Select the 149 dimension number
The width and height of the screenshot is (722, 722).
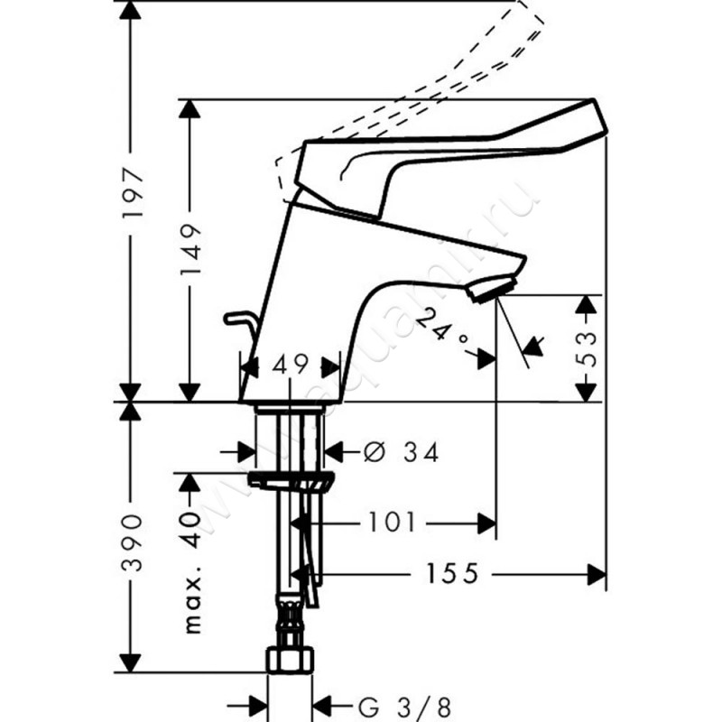coord(190,254)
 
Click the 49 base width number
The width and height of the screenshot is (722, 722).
coord(290,365)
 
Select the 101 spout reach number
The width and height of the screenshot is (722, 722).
coord(393,522)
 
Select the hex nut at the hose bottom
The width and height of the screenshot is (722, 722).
coord(290,659)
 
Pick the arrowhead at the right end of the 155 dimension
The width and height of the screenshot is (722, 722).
coord(596,573)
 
